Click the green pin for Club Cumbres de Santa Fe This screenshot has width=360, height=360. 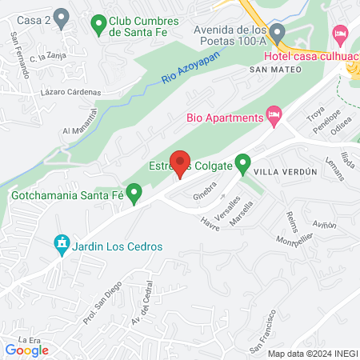99,25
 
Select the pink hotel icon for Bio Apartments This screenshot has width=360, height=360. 274,117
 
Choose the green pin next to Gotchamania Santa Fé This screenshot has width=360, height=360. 135,193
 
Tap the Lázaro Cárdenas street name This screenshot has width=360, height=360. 71,93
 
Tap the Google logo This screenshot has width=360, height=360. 26,350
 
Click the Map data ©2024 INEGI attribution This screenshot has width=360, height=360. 310,354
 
